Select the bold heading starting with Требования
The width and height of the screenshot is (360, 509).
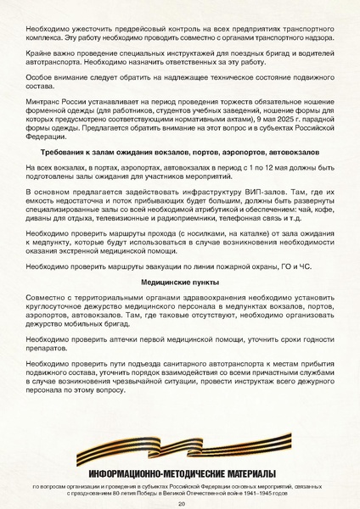(x=180, y=151)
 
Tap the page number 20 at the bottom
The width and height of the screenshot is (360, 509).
(x=181, y=503)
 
